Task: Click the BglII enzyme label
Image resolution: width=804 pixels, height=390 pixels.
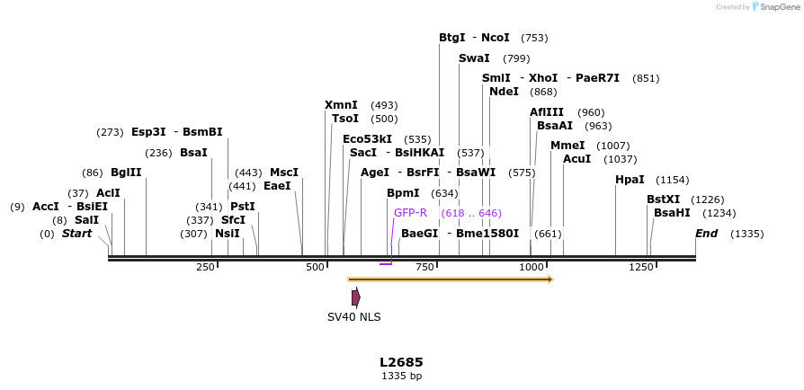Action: tap(126, 173)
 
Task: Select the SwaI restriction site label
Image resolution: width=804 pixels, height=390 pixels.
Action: tap(474, 58)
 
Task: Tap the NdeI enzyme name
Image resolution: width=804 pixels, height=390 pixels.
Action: tap(504, 92)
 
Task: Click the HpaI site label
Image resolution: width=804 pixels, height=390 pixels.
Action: tap(630, 180)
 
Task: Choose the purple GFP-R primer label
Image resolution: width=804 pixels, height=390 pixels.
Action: tap(410, 213)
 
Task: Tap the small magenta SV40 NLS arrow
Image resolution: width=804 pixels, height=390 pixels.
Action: tap(356, 297)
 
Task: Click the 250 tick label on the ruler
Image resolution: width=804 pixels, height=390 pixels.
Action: tap(205, 267)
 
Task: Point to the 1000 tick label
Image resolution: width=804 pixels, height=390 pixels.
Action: tap(532, 267)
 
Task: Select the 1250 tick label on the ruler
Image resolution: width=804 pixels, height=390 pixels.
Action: tap(640, 267)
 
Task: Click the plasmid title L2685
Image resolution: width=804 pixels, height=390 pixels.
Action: tap(401, 362)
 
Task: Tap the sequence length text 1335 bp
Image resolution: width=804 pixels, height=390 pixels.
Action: tap(401, 376)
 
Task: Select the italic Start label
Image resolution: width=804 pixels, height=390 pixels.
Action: tap(76, 234)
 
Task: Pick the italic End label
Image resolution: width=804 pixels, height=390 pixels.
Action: tap(707, 234)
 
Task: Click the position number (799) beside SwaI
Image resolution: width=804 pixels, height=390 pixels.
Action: tap(516, 58)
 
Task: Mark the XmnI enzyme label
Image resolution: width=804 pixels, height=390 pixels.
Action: tap(341, 105)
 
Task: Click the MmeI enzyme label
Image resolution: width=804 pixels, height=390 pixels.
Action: tap(567, 146)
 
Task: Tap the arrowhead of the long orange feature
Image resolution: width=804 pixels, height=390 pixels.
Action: tap(549, 279)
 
